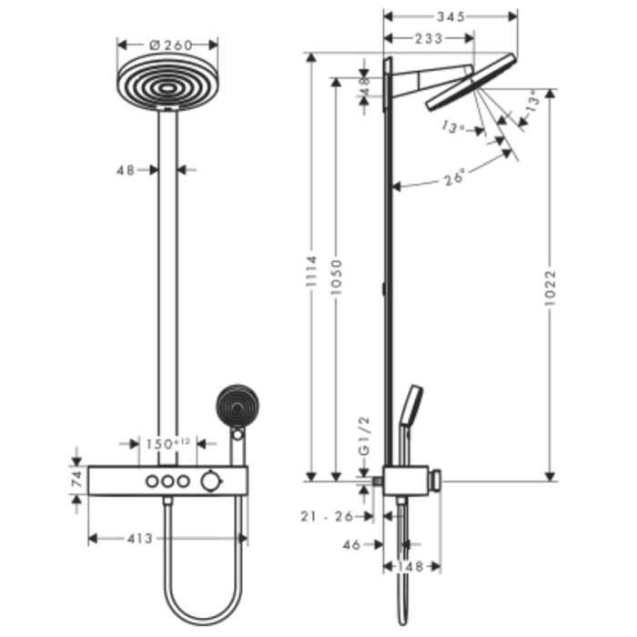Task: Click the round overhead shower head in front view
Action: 167,82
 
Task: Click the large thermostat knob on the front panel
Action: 212,480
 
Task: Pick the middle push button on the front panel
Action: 167,480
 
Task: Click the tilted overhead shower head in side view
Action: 470,84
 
